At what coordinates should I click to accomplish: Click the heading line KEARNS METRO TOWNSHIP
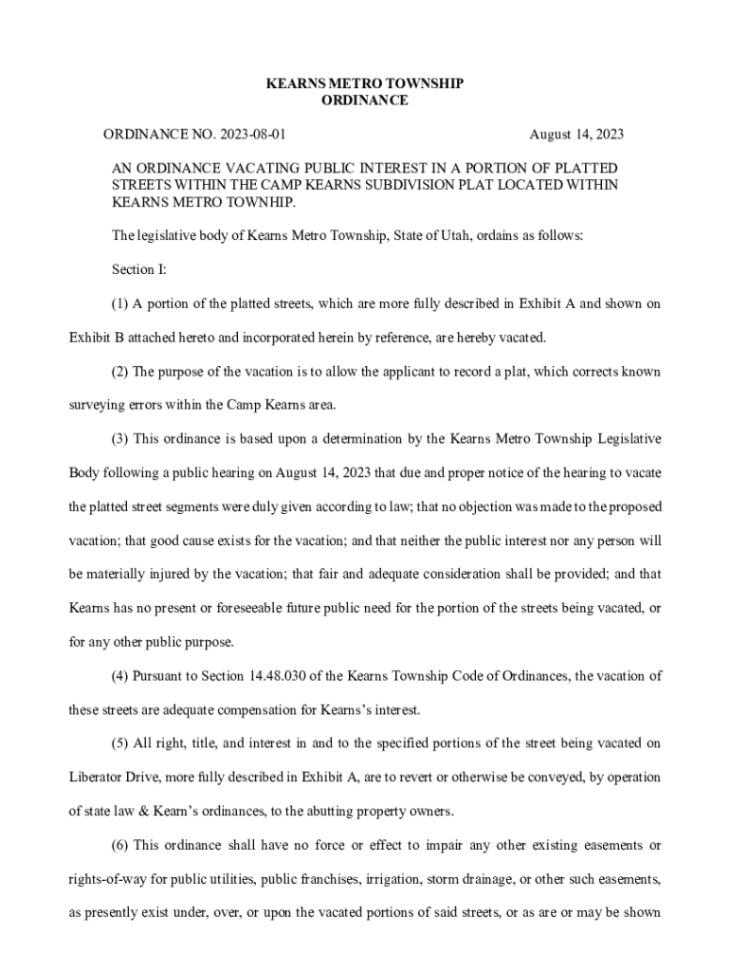(x=364, y=83)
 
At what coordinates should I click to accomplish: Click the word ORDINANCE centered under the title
(x=364, y=101)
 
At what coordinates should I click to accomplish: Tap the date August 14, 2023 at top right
(x=575, y=135)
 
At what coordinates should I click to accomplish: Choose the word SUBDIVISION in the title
(x=411, y=186)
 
